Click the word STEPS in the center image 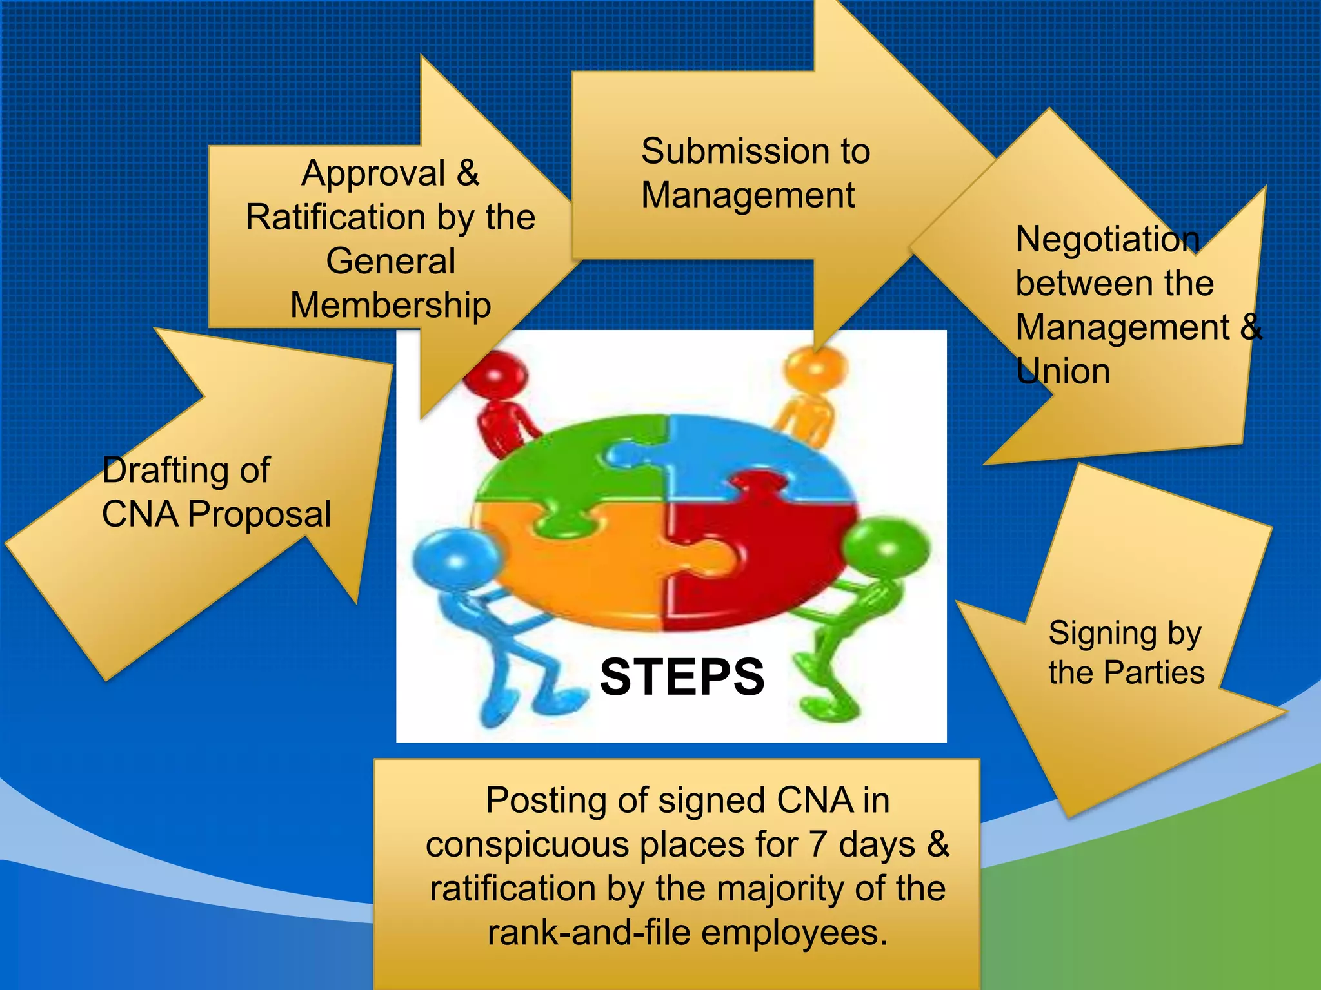point(682,677)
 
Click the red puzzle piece point(774,567)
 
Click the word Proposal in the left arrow point(259,515)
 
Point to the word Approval point(373,174)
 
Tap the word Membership point(390,305)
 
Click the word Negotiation point(1107,240)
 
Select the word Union point(1062,372)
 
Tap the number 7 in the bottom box point(818,844)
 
